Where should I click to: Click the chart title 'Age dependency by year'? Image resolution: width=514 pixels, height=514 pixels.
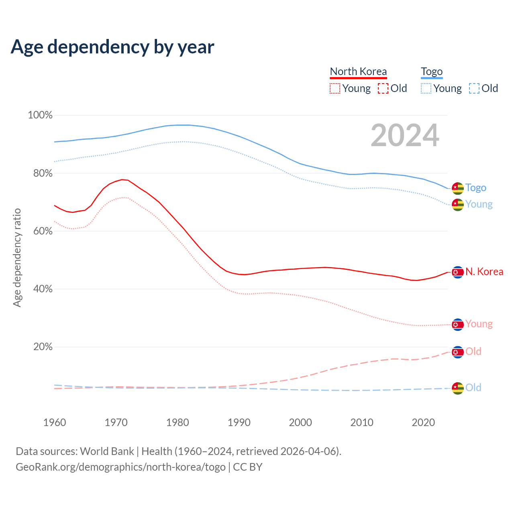pyautogui.click(x=112, y=47)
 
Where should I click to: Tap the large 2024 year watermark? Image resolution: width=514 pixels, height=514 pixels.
pyautogui.click(x=405, y=135)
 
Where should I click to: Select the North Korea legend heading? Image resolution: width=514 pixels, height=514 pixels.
pyautogui.click(x=358, y=71)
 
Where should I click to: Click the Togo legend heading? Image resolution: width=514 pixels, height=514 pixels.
pyautogui.click(x=432, y=71)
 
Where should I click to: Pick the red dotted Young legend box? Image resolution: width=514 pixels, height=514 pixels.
pyautogui.click(x=335, y=88)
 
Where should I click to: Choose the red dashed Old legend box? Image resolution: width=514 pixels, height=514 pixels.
pyautogui.click(x=383, y=88)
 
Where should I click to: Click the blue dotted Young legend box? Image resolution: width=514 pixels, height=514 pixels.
pyautogui.click(x=426, y=88)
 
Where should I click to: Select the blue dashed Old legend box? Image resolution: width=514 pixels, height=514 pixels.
pyautogui.click(x=474, y=88)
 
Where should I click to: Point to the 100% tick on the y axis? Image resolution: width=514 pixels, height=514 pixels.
pyautogui.click(x=40, y=115)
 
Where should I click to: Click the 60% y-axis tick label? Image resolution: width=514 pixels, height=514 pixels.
pyautogui.click(x=43, y=231)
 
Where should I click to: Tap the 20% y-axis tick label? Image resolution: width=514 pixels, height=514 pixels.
pyautogui.click(x=43, y=347)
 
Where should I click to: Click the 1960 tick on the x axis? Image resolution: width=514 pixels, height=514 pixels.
pyautogui.click(x=55, y=422)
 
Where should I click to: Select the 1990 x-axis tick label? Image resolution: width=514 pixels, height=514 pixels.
pyautogui.click(x=239, y=422)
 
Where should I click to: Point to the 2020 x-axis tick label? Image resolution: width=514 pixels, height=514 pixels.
pyautogui.click(x=424, y=422)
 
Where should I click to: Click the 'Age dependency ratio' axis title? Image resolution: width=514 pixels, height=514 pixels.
pyautogui.click(x=17, y=257)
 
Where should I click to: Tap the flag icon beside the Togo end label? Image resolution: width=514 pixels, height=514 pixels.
pyautogui.click(x=458, y=188)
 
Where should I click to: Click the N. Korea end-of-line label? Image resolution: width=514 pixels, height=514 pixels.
pyautogui.click(x=484, y=272)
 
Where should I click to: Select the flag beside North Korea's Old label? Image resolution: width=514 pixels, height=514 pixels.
pyautogui.click(x=458, y=352)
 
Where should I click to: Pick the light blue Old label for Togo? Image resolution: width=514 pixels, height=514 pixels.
pyautogui.click(x=473, y=388)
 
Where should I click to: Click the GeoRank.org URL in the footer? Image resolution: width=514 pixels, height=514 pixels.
pyautogui.click(x=120, y=467)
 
